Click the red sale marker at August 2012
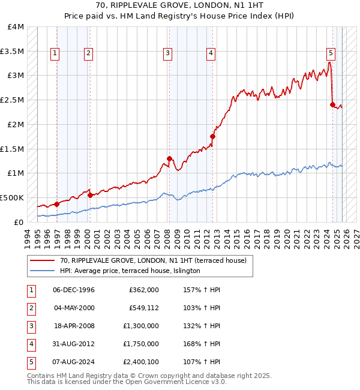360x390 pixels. (212, 136)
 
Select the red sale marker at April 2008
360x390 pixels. (169, 158)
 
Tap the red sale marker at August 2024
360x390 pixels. (332, 104)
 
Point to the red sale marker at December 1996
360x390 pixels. (56, 204)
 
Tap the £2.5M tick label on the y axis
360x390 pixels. (12, 100)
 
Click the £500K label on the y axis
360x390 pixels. (12, 197)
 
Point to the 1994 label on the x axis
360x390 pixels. (27, 235)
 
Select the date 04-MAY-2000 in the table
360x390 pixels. (74, 308)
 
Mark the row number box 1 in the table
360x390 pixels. (30, 290)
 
